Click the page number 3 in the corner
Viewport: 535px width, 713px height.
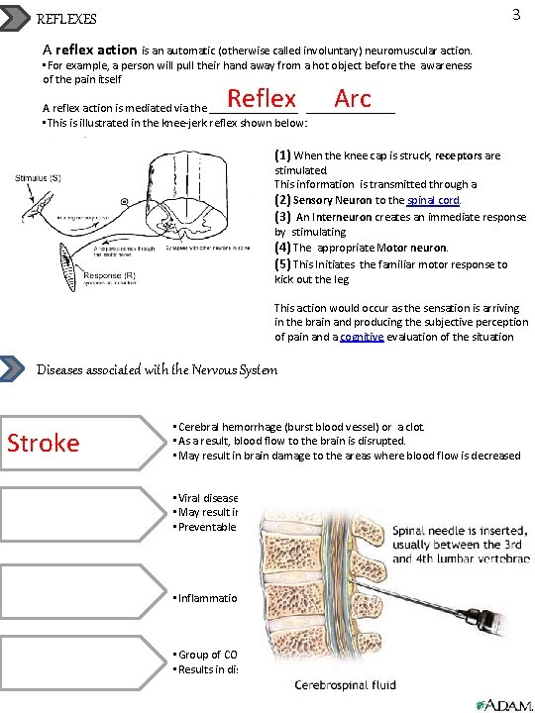coord(516,15)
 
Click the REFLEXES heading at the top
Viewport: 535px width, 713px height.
coord(67,19)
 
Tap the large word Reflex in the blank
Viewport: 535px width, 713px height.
coord(262,98)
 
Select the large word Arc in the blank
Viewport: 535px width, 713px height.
coord(353,98)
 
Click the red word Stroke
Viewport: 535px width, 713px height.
coord(44,442)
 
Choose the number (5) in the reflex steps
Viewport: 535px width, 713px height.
coord(282,264)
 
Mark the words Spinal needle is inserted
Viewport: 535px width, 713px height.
coord(458,529)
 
